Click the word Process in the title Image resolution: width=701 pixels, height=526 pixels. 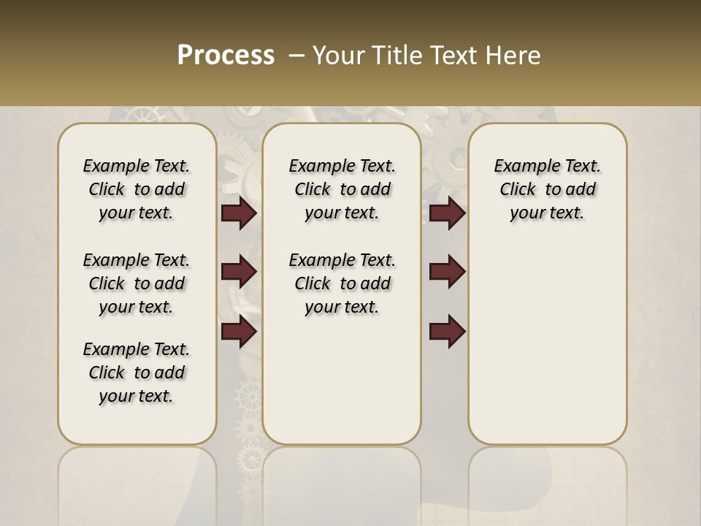(x=226, y=56)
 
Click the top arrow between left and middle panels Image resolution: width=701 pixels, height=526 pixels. (x=239, y=213)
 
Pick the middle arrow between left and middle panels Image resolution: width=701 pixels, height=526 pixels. (x=239, y=272)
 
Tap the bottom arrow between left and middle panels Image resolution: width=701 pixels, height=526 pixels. (x=239, y=331)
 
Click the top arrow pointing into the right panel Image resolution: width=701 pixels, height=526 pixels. (x=447, y=213)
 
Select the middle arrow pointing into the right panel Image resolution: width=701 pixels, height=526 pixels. (x=447, y=272)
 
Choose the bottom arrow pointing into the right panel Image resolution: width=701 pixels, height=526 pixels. (x=447, y=331)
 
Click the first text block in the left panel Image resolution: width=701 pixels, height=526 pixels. (x=137, y=189)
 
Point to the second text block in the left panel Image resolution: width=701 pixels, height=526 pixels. (x=137, y=283)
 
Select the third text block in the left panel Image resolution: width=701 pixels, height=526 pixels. (x=137, y=373)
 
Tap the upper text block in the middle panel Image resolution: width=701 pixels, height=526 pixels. (x=342, y=189)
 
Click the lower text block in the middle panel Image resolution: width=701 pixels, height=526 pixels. (x=342, y=283)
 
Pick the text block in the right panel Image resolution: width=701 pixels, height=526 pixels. (x=548, y=189)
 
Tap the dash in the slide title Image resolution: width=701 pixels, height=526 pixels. (x=296, y=56)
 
